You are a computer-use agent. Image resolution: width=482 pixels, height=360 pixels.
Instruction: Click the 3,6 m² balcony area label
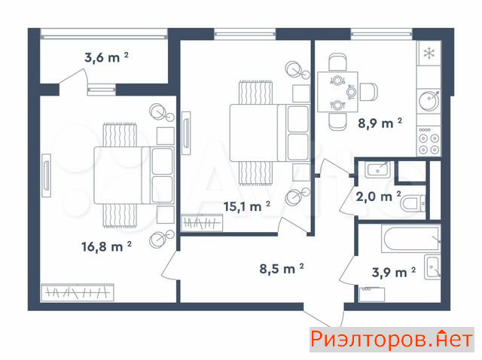[x=106, y=57]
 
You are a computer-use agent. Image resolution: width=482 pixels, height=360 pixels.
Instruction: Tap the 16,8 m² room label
[x=106, y=246]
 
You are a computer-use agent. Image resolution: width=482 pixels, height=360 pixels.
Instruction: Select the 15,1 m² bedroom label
[x=247, y=206]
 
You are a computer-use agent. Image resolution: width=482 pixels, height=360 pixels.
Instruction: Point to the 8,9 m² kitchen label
[x=380, y=124]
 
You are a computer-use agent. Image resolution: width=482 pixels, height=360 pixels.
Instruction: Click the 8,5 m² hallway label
[x=282, y=269]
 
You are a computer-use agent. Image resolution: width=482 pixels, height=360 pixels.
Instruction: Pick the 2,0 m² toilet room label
[x=378, y=197]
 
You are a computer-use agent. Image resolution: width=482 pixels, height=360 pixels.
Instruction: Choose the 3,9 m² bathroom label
[x=393, y=273]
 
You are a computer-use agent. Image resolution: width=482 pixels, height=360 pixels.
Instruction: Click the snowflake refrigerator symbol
[x=429, y=53]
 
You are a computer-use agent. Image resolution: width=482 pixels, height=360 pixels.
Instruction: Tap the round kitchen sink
[x=429, y=101]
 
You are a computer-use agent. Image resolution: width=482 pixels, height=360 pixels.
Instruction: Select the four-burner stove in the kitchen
[x=429, y=141]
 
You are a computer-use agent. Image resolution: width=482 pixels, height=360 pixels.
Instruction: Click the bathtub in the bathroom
[x=411, y=239]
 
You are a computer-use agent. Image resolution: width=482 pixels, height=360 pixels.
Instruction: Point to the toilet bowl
[x=413, y=203]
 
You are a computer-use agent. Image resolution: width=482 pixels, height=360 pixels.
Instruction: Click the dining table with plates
[x=337, y=92]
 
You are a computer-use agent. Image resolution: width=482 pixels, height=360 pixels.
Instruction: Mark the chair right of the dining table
[x=368, y=92]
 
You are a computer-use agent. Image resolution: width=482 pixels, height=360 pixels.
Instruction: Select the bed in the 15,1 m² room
[x=270, y=133]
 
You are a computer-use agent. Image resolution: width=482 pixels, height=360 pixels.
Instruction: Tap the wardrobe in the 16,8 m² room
[x=78, y=292]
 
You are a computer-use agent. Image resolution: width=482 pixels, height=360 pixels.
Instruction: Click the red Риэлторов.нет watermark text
[x=392, y=340]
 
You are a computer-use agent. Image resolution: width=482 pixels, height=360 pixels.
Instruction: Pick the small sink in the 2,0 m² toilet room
[x=378, y=169]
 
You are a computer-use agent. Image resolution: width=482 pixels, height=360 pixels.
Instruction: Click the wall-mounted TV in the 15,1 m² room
[x=186, y=133]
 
